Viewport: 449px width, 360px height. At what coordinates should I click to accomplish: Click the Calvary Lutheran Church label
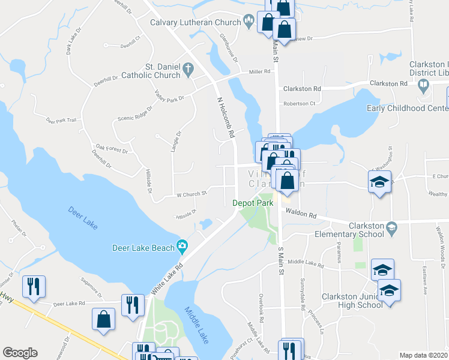[x=194, y=22]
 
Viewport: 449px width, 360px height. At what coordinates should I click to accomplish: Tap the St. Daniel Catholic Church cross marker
[x=188, y=69]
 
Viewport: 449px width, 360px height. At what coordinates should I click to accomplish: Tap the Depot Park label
[x=253, y=203]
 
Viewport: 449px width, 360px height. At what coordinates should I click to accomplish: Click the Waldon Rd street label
[x=301, y=213]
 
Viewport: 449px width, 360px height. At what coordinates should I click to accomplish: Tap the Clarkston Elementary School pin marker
[x=392, y=227]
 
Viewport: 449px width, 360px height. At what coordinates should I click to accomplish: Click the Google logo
[x=20, y=353]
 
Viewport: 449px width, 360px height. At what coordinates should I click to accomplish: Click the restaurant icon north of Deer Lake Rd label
[x=33, y=286]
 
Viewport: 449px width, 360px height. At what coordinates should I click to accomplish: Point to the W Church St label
[x=191, y=194]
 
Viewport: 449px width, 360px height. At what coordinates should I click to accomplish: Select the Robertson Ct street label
[x=300, y=103]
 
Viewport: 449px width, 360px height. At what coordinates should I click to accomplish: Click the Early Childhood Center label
[x=407, y=109]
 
